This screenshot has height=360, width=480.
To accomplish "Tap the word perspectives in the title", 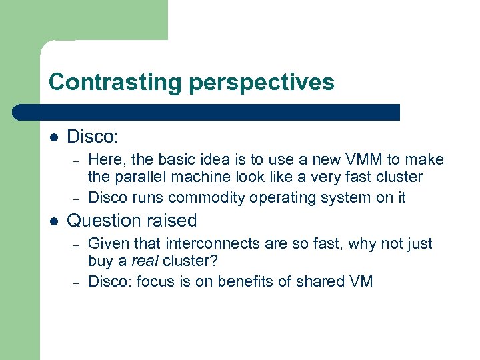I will [x=262, y=82].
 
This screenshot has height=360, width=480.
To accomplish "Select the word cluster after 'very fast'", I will [x=399, y=177].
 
